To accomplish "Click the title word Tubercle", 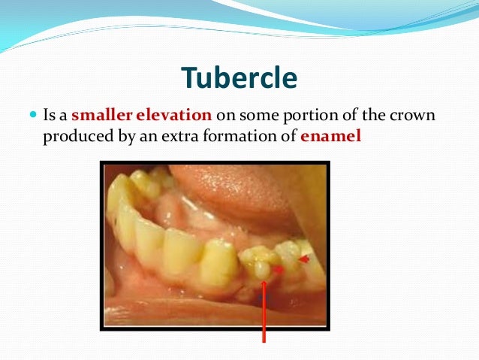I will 239,77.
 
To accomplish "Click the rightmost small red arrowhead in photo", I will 303,259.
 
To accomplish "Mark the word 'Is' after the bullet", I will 49,117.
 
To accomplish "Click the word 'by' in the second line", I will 137,138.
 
